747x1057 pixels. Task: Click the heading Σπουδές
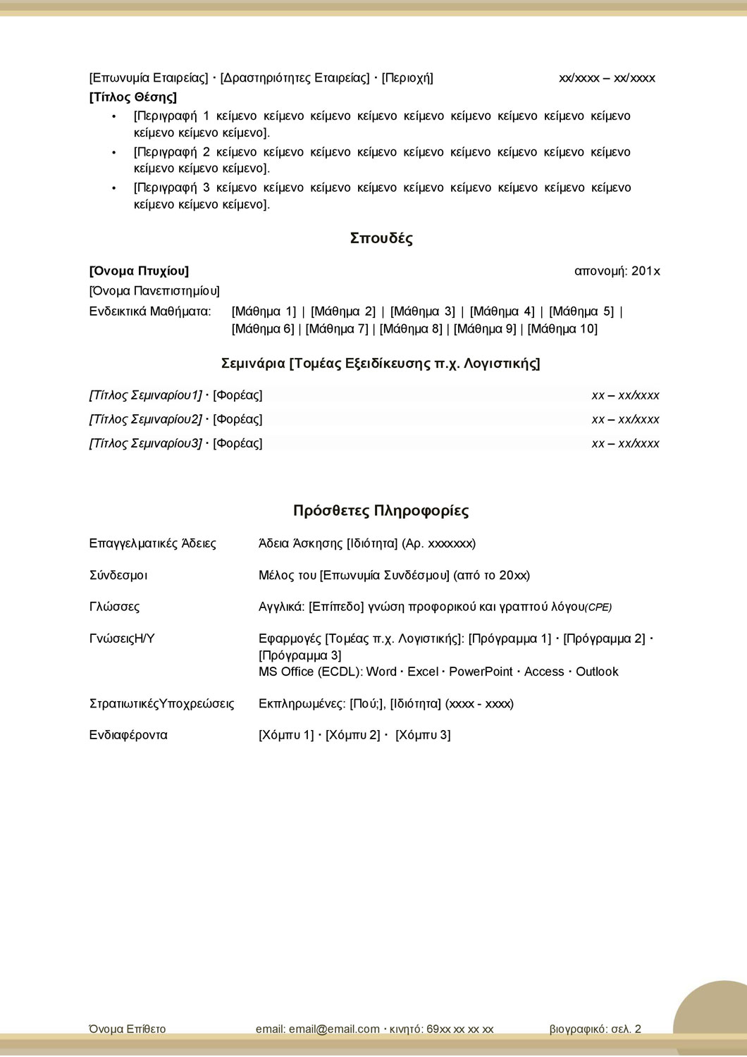click(x=381, y=238)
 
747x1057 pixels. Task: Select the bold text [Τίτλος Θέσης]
click(x=133, y=97)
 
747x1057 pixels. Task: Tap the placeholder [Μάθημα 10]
click(x=562, y=329)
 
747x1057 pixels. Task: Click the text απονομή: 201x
click(x=617, y=271)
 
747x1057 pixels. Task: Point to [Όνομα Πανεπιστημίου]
click(x=154, y=291)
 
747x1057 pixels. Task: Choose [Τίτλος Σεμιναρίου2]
click(x=145, y=419)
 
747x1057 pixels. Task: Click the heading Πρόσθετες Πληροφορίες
click(x=381, y=511)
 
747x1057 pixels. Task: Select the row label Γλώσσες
click(x=114, y=607)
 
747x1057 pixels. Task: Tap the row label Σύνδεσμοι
click(x=118, y=575)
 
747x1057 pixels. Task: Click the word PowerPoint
click(x=481, y=672)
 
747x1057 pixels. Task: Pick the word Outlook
click(x=597, y=672)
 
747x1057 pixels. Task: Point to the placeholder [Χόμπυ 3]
click(x=423, y=735)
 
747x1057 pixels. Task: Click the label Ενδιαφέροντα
click(x=128, y=735)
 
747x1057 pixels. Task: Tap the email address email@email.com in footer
click(x=334, y=1029)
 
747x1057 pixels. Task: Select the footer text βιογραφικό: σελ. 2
click(x=595, y=1029)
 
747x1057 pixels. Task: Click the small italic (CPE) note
click(x=598, y=607)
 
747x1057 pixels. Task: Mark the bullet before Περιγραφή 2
click(x=114, y=152)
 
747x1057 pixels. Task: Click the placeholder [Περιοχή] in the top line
click(x=407, y=78)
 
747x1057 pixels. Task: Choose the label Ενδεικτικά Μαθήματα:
click(x=150, y=311)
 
